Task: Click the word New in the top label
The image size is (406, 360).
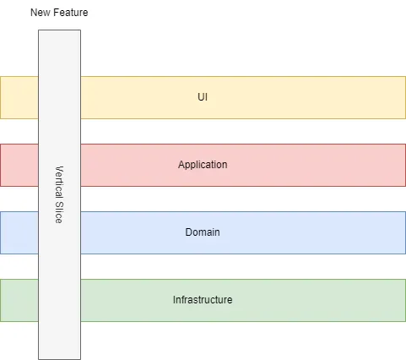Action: tap(41, 13)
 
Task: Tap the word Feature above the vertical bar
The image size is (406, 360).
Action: tap(69, 13)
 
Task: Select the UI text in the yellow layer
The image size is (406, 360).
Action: tap(203, 97)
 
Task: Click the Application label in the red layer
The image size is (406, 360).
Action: tap(203, 165)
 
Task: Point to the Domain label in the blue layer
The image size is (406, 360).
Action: tap(203, 232)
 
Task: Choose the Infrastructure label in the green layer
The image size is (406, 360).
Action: tap(203, 300)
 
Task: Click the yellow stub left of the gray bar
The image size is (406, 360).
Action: tap(19, 97)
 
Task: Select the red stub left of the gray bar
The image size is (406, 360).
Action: tap(19, 165)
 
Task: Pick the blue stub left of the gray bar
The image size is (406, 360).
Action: tap(19, 232)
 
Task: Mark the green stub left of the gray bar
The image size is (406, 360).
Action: tap(19, 300)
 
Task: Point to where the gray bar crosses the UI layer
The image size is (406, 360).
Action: tap(59, 97)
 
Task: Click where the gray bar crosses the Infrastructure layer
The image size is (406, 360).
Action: tap(59, 300)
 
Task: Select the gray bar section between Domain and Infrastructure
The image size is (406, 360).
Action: tap(59, 266)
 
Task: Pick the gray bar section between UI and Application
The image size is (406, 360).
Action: tap(59, 131)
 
